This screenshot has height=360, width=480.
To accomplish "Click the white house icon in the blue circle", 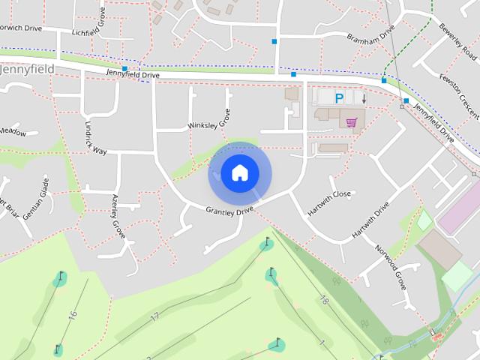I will coord(239,173).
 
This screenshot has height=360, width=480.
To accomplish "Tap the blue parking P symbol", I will coord(339,97).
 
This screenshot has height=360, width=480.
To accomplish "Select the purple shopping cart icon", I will coord(351,121).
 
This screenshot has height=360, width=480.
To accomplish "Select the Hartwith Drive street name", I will coord(371,220).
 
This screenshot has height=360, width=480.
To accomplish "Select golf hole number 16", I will coord(73,315).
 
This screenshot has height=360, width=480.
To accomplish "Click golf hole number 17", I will coord(154,317).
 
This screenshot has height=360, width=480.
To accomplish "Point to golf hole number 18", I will coord(324,300).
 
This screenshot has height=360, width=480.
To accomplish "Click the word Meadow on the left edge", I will coord(13,133).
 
